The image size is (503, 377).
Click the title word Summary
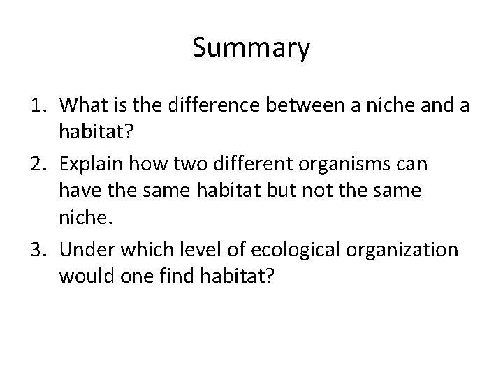pyautogui.click(x=251, y=50)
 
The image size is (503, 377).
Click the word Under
pyautogui.click(x=86, y=249)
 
